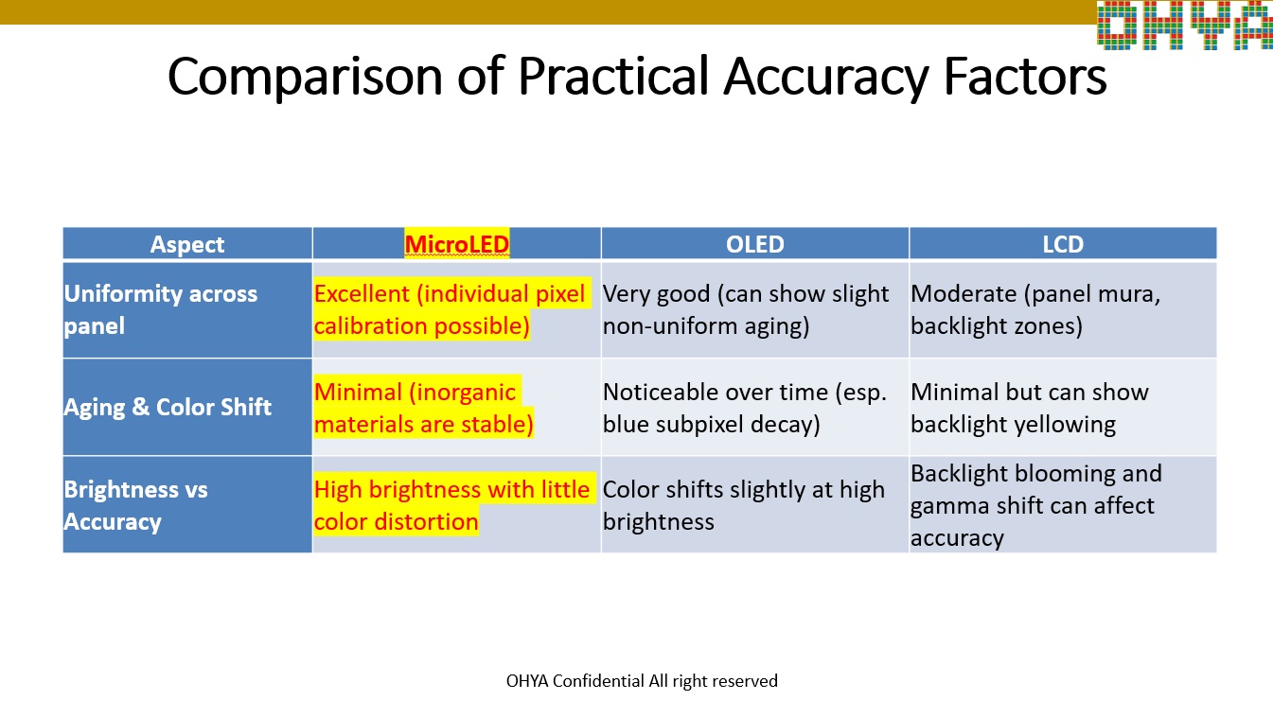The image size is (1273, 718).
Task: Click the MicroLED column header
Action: coord(456,244)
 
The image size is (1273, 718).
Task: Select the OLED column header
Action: coord(754,244)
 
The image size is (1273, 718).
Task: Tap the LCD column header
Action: coord(1063,244)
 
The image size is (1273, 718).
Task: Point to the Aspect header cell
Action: coord(187,244)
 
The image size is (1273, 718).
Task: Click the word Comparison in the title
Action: coord(305,77)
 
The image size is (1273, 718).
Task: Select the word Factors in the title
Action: coord(1025,76)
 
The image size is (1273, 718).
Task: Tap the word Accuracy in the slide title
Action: coord(826,78)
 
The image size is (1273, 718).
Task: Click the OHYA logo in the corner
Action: coord(1185,25)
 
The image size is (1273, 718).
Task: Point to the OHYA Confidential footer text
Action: coord(642,681)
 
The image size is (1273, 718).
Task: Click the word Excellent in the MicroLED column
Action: coord(362,293)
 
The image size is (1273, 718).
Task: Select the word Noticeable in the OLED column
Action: coord(659,392)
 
